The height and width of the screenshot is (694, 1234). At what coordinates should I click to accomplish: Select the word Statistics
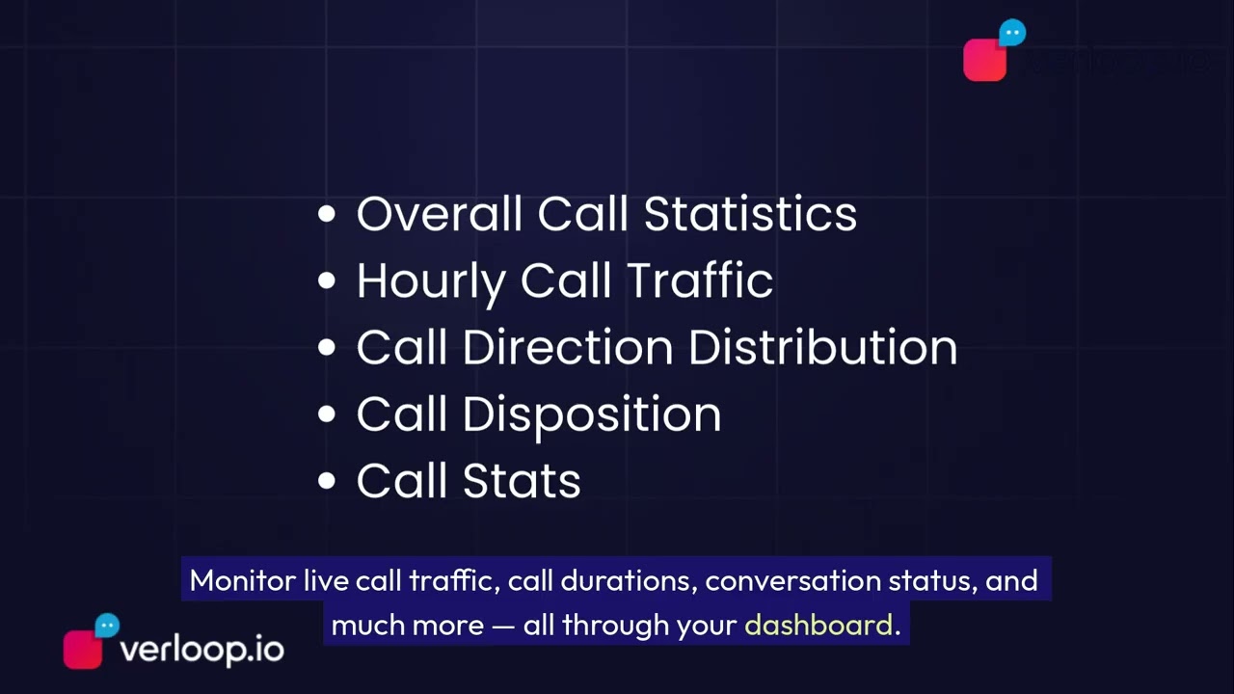[750, 214]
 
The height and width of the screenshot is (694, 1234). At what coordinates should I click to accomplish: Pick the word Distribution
[822, 348]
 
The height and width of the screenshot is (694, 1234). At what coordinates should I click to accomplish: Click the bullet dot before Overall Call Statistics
[327, 215]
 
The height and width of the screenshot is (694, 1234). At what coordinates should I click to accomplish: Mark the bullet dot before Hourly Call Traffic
[327, 281]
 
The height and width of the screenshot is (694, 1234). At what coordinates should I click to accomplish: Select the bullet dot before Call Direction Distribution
[327, 348]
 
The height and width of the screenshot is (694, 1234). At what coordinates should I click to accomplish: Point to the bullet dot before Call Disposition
[327, 415]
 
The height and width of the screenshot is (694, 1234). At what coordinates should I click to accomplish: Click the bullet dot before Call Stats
[327, 482]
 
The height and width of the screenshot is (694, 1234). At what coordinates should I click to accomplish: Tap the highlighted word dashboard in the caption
[818, 625]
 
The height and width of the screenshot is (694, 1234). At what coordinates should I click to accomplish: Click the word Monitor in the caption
[242, 580]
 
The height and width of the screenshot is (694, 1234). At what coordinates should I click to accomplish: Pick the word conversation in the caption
[791, 580]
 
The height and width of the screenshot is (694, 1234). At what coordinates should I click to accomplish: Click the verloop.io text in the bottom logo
[201, 650]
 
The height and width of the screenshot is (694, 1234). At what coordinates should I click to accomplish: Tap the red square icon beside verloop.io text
[82, 650]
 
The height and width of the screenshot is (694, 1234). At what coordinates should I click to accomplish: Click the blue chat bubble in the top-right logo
[1012, 34]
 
